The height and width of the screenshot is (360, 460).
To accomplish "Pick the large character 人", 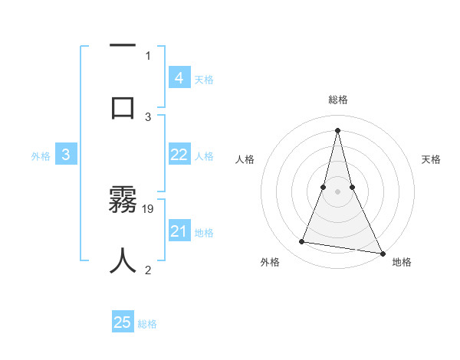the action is (123, 260).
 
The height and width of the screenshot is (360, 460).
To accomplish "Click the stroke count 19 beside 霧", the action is (149, 208).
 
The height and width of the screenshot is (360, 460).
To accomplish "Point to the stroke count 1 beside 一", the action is (148, 55).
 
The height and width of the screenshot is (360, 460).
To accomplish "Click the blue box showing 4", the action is (179, 78).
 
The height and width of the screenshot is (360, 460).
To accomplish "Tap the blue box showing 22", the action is (179, 155).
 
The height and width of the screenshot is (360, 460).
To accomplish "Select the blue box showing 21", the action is (179, 231).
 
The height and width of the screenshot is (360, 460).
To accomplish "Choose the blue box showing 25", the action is (123, 322).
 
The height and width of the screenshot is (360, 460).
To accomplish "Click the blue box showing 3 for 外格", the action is (66, 155).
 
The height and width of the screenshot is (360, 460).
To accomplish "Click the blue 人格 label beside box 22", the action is (204, 156).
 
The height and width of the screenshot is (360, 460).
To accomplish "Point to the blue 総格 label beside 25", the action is (147, 324).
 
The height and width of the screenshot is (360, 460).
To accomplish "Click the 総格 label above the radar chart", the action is (337, 100).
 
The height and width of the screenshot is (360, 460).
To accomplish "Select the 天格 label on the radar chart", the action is (431, 159).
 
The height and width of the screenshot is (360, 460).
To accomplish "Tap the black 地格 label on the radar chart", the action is (402, 262).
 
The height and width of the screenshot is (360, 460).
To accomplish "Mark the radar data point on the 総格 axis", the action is (337, 129).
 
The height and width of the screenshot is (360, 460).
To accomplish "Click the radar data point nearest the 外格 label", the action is (302, 242).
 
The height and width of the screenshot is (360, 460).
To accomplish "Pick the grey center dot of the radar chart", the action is (337, 192).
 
